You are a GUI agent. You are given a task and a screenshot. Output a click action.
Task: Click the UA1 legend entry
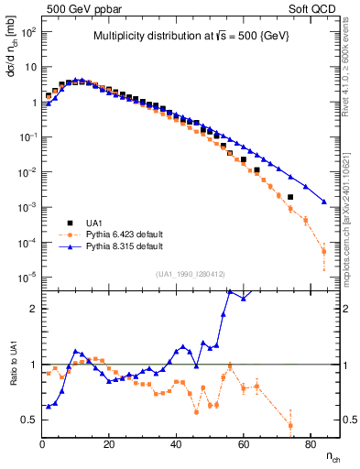pyautogui.click(x=100, y=223)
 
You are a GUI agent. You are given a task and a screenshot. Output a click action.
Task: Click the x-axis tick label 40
pyautogui.click(x=176, y=444)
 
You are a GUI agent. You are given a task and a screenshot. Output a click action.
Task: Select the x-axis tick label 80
pyautogui.click(x=310, y=444)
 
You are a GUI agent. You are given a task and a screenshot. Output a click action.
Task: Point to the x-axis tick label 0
pyautogui.click(x=42, y=444)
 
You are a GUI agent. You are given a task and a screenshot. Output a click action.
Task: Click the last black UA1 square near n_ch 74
pyautogui.click(x=290, y=197)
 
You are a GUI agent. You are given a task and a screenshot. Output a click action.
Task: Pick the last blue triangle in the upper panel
pyautogui.click(x=323, y=202)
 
